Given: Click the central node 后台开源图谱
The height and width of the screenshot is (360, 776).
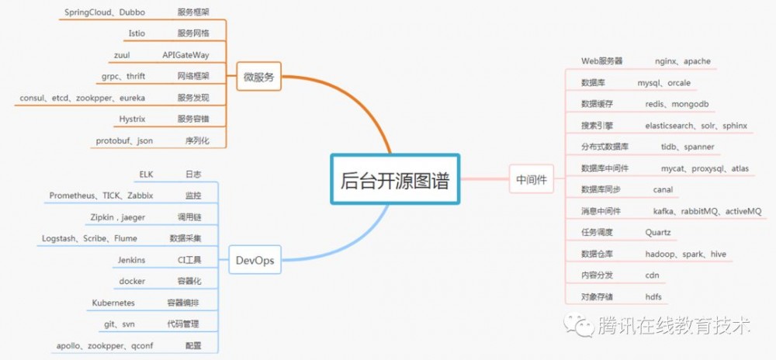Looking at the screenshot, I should pyautogui.click(x=396, y=180).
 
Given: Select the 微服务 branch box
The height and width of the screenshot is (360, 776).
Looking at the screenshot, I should pyautogui.click(x=258, y=76).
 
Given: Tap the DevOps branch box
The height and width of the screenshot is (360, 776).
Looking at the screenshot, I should pyautogui.click(x=255, y=260).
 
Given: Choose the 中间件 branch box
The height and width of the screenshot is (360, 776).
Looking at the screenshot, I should pyautogui.click(x=532, y=180).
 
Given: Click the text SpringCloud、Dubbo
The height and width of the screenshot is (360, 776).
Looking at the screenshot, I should pyautogui.click(x=102, y=12).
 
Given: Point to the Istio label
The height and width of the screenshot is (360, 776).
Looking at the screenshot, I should pyautogui.click(x=135, y=33).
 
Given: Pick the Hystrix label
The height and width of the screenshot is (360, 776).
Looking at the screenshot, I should pyautogui.click(x=133, y=119).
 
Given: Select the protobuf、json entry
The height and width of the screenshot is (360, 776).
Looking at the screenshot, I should pyautogui.click(x=124, y=140).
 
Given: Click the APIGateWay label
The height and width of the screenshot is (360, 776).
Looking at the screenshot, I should pyautogui.click(x=185, y=55).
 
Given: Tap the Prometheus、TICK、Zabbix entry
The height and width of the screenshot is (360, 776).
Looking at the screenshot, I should pyautogui.click(x=101, y=196).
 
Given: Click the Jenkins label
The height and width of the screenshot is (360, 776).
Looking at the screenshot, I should pyautogui.click(x=132, y=260).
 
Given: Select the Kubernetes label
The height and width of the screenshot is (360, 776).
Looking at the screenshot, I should pyautogui.click(x=113, y=303).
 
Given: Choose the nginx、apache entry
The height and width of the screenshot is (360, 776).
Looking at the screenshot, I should pyautogui.click(x=682, y=61).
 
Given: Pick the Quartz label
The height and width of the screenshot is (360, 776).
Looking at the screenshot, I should pyautogui.click(x=658, y=232).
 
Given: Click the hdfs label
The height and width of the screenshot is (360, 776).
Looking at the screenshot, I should pyautogui.click(x=653, y=296).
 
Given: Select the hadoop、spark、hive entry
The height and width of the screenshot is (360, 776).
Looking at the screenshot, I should pyautogui.click(x=685, y=254).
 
